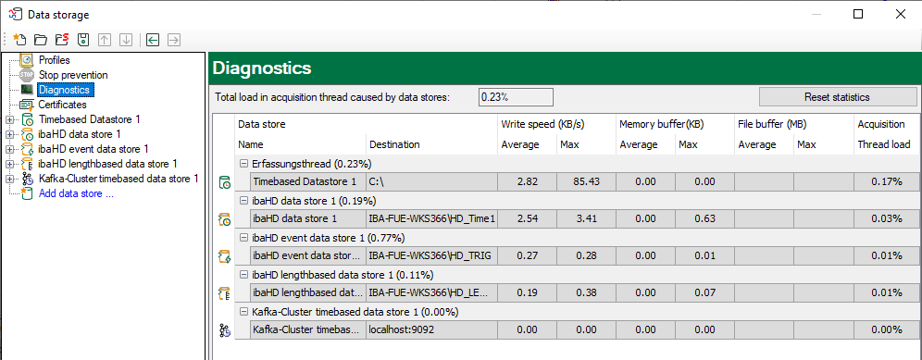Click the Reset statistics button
pos(838,97)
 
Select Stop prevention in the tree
pos(73,75)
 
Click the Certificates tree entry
pos(62,105)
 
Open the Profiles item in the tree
pos(54,60)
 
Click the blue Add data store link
pos(76,193)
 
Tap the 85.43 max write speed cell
pos(586,181)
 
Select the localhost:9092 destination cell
pos(431,330)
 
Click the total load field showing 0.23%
pos(516,97)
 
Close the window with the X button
pos(900,14)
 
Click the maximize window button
pos(858,14)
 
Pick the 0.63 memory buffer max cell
pos(704,218)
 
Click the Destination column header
pos(394,144)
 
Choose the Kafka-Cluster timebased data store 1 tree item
pos(118,179)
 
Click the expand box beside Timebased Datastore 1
pos(8,120)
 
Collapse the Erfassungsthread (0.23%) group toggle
pos(243,164)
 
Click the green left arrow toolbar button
pos(153,40)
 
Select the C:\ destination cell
pos(431,181)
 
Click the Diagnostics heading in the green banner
pos(262,68)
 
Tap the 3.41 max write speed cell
pos(586,218)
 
